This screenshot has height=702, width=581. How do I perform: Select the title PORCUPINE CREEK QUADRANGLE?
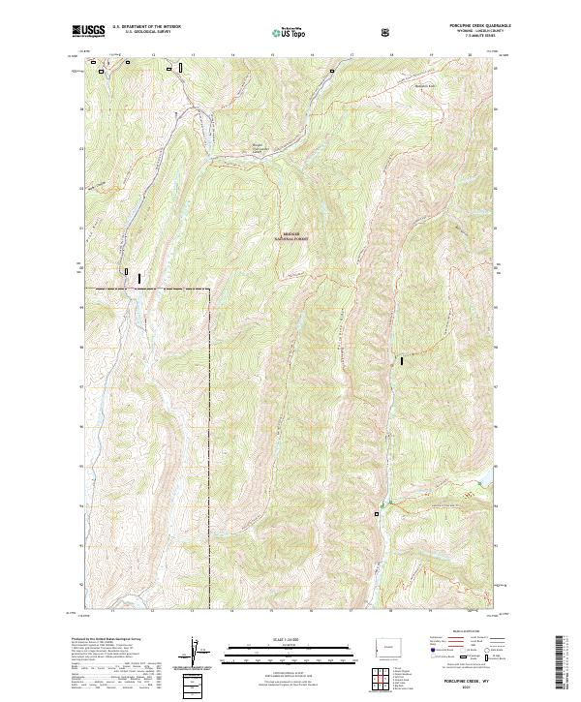(471, 25)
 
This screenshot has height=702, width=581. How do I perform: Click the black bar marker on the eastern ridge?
(401, 360)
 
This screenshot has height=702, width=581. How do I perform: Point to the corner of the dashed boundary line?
(208, 289)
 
